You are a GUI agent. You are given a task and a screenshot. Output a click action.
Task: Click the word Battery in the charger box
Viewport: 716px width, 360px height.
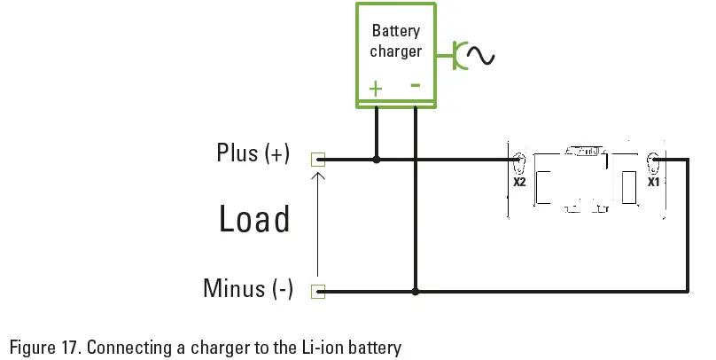pos(395,31)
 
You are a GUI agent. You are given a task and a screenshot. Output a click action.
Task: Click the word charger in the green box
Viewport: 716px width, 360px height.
pos(395,51)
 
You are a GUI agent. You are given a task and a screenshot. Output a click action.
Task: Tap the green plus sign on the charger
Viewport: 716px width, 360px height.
pos(376,88)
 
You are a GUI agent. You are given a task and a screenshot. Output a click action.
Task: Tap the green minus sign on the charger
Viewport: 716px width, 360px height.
pos(415,85)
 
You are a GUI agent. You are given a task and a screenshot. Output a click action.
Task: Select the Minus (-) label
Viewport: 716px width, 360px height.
pos(247,289)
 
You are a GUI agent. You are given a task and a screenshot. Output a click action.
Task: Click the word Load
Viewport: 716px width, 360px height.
pos(254,219)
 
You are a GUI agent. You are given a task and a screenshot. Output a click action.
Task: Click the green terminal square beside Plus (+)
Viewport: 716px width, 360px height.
pos(318,160)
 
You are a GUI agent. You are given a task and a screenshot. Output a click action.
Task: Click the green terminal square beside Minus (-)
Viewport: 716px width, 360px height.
pos(318,290)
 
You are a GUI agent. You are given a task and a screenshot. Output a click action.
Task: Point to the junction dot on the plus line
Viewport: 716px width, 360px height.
pos(377,160)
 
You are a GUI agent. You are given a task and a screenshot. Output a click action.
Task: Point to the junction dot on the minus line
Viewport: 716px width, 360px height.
pos(416,290)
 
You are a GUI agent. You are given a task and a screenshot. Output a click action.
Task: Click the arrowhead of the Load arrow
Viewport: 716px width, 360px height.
pos(318,174)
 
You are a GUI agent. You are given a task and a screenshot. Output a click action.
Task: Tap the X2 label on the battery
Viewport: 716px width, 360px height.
pos(519,183)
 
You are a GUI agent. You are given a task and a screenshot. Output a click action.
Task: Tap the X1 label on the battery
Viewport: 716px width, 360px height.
pos(653,183)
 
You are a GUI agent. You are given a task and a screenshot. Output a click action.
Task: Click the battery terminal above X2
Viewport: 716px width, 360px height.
pos(519,163)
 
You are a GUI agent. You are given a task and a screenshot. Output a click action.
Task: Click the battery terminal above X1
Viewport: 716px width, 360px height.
pos(653,163)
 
